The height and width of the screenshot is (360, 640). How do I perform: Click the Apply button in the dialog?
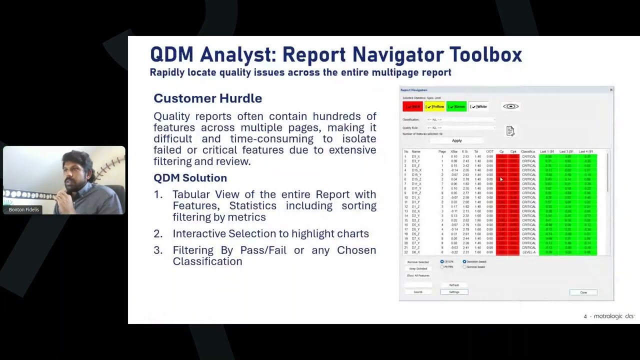pyautogui.click(x=456, y=140)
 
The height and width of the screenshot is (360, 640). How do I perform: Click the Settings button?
pyautogui.click(x=454, y=292)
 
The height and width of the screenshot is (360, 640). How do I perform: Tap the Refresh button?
pyautogui.click(x=454, y=285)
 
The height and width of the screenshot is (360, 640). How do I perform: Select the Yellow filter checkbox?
pyautogui.click(x=434, y=106)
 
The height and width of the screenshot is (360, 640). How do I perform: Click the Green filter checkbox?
pyautogui.click(x=456, y=106)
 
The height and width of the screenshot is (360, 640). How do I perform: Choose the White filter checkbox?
pyautogui.click(x=478, y=106)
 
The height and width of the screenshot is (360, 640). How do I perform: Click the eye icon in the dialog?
pyautogui.click(x=510, y=106)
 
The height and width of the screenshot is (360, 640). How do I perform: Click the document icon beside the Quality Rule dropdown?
pyautogui.click(x=510, y=131)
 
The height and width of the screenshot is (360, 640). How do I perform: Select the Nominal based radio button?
pyautogui.click(x=464, y=267)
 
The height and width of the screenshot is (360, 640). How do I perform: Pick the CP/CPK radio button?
pyautogui.click(x=442, y=261)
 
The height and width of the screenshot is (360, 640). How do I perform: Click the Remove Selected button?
pyautogui.click(x=418, y=262)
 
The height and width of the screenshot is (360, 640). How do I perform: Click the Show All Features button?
pyautogui.click(x=418, y=275)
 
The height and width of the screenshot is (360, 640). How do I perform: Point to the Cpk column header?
pyautogui.click(x=513, y=151)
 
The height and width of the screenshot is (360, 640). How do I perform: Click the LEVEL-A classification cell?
pyautogui.click(x=528, y=252)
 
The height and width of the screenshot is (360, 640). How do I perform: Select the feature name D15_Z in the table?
pyautogui.click(x=416, y=179)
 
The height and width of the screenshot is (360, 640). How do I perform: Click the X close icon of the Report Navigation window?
pyautogui.click(x=611, y=90)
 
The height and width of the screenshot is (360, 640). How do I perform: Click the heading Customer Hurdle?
pyautogui.click(x=207, y=98)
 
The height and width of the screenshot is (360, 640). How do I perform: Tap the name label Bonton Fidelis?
pyautogui.click(x=23, y=209)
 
